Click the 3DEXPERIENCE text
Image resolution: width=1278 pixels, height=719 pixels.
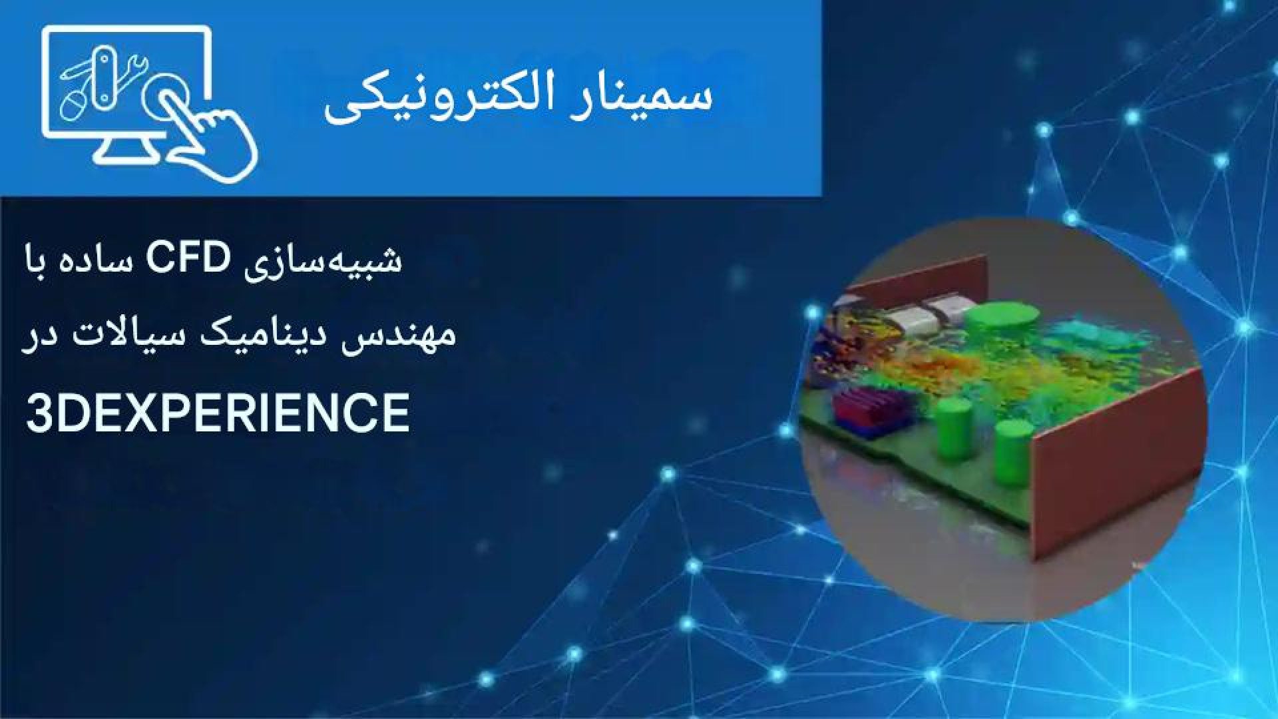(x=218, y=412)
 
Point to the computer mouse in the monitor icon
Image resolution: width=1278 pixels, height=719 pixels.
(x=75, y=106)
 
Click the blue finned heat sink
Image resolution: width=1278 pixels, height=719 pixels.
(x=859, y=413)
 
